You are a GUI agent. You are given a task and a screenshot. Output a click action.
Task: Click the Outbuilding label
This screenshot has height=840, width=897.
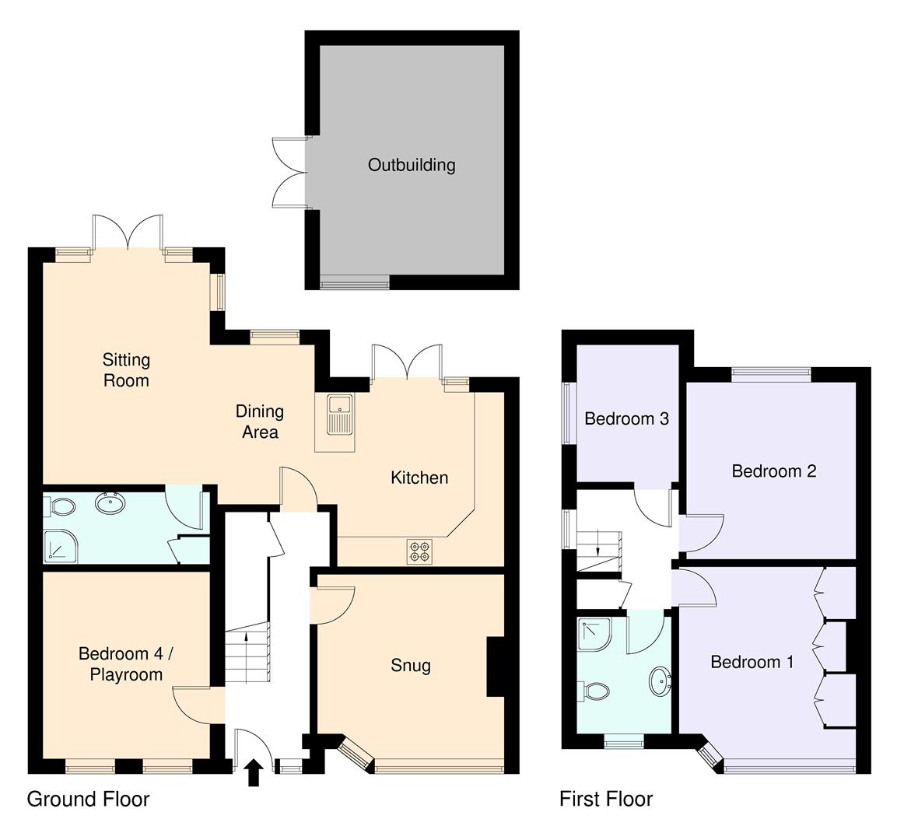412,165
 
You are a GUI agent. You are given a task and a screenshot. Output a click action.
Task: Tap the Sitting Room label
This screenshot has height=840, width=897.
126,369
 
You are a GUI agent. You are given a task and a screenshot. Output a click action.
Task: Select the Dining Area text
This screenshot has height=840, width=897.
260,422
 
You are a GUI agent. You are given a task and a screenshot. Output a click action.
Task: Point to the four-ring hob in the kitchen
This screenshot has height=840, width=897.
418,551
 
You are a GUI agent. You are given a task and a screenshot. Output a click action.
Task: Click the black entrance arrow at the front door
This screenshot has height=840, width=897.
253,774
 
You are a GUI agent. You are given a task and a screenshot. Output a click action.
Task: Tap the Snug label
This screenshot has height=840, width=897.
410,666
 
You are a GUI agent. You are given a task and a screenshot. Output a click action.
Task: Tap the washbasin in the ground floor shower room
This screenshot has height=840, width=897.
113,504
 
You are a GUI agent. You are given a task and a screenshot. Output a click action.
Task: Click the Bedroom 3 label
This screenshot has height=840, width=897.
626,419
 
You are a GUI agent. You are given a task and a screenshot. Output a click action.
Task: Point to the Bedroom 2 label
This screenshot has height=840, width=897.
773,471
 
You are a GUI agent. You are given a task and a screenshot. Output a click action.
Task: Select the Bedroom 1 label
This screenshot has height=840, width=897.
752,662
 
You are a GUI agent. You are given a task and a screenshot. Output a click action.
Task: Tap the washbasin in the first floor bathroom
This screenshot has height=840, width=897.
660,682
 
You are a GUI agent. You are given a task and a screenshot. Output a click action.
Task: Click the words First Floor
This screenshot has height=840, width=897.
606,799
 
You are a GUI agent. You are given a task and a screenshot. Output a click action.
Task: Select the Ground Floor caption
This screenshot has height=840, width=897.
88,799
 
